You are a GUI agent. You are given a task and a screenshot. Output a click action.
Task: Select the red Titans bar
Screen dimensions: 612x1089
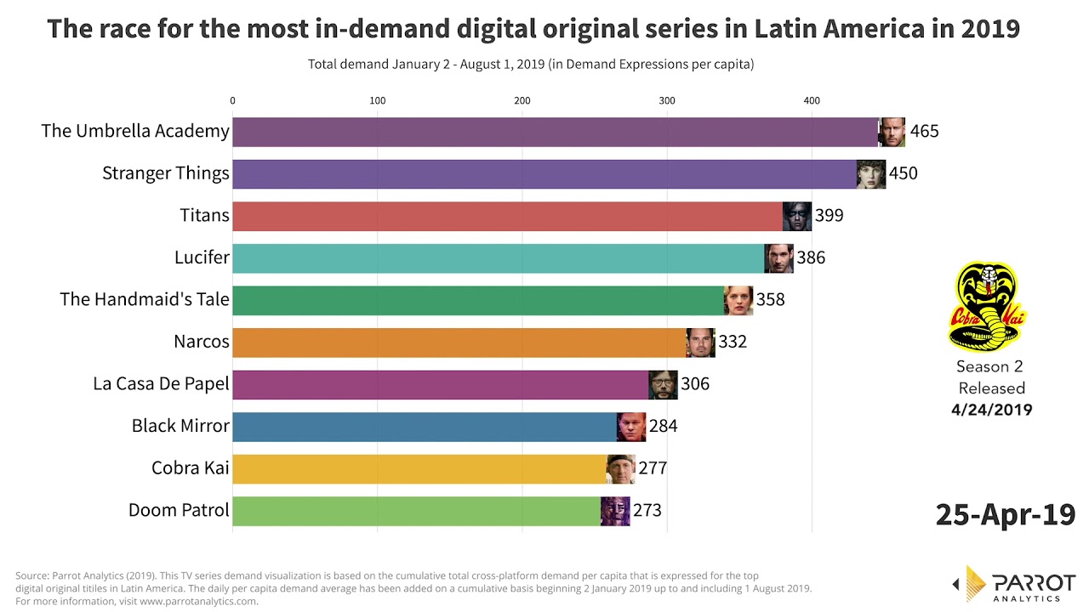507,216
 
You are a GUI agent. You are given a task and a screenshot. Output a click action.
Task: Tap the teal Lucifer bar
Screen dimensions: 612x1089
498,258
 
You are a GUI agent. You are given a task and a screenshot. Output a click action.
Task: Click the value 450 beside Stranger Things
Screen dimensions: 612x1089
903,173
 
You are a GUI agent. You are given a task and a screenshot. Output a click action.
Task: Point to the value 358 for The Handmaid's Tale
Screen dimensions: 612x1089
770,300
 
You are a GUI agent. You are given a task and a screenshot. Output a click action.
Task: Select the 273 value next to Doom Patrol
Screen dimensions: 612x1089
647,511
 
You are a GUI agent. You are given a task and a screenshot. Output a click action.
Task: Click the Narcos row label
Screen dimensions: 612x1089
202,342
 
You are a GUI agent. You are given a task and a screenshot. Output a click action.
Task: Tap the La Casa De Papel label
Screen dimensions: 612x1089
162,384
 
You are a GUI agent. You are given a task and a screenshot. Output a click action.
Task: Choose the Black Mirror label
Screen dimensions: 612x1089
180,426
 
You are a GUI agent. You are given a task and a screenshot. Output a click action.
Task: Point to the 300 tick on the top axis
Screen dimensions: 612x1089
667,101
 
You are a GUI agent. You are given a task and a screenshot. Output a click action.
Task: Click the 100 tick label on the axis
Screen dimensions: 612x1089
378,101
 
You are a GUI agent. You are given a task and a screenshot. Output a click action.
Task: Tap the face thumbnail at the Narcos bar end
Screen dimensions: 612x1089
700,342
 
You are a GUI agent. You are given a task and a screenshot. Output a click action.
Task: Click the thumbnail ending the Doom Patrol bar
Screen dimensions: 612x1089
615,511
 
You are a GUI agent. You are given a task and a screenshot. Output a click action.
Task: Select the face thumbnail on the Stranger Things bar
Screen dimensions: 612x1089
871,173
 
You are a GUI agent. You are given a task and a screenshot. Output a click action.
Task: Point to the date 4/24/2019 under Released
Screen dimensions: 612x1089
991,410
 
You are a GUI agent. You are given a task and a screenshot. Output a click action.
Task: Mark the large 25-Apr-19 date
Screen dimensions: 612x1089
1005,514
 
